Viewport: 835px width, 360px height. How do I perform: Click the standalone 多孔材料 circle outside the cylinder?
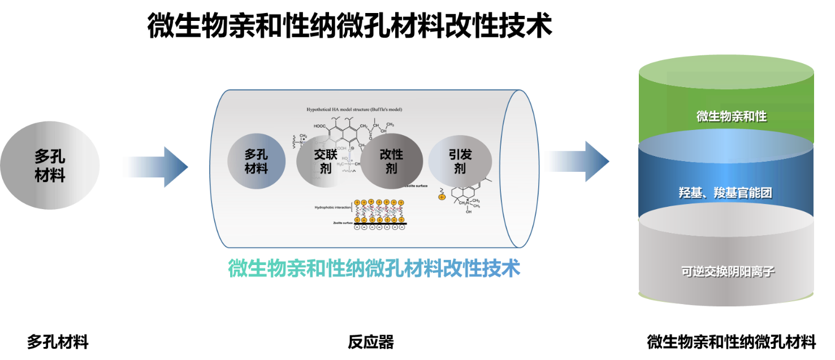(x=50, y=166)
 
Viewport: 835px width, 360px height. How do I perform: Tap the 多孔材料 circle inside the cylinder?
(x=256, y=161)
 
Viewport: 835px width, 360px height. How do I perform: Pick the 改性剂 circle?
(x=392, y=161)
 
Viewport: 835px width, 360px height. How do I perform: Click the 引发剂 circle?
(x=459, y=161)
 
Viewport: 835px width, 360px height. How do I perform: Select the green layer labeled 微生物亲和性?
(x=726, y=110)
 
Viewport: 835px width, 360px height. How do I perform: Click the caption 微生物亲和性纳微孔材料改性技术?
(x=374, y=268)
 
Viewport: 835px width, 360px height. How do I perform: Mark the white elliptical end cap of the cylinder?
(x=519, y=168)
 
